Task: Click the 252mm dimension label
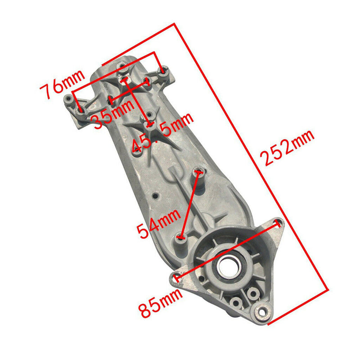coord(288,148)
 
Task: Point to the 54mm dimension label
coord(159,223)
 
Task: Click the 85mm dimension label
coord(161,302)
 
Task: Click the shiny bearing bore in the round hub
coord(229,266)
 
